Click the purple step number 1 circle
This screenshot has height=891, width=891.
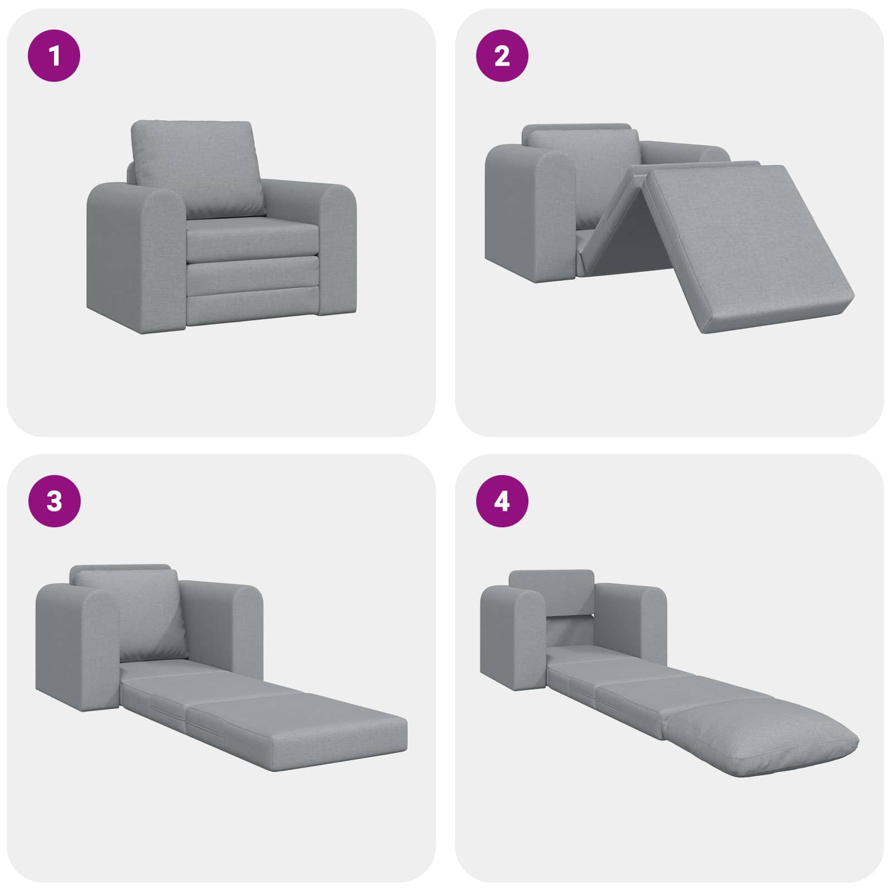pyautogui.click(x=54, y=56)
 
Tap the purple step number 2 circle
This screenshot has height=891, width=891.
pyautogui.click(x=502, y=56)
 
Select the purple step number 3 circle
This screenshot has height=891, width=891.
pyautogui.click(x=54, y=501)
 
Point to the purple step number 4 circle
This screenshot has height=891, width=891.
pyautogui.click(x=502, y=501)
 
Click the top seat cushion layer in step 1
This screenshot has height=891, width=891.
pyautogui.click(x=251, y=237)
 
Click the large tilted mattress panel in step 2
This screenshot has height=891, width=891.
pyautogui.click(x=752, y=245)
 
